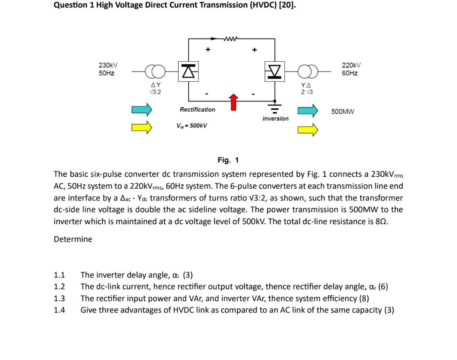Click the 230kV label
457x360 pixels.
point(108,65)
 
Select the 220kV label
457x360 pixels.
point(351,65)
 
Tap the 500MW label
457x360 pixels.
point(342,112)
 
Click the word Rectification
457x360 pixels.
point(197,110)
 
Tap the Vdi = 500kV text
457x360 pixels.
point(191,126)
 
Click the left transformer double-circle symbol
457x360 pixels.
point(153,71)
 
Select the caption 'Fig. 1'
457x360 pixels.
point(228,160)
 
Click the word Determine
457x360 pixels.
point(73,239)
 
